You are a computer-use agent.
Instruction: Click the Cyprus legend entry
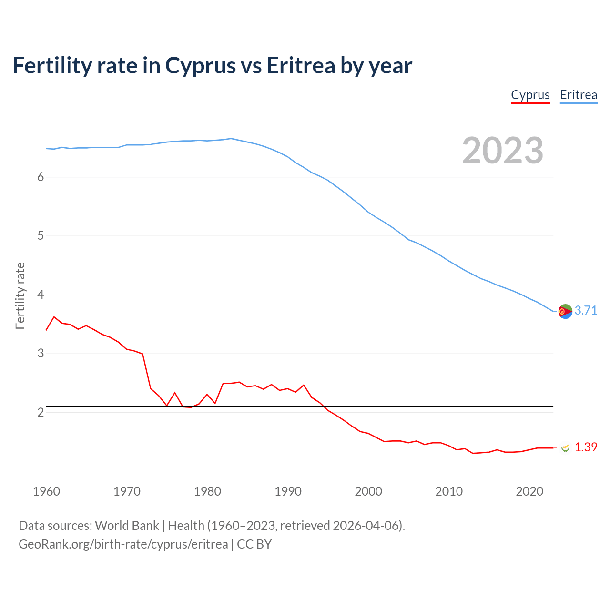pyautogui.click(x=530, y=95)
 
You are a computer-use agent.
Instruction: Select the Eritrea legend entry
pyautogui.click(x=578, y=95)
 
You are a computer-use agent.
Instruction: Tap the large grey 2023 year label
pyautogui.click(x=502, y=151)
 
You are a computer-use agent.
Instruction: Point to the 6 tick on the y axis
pyautogui.click(x=41, y=177)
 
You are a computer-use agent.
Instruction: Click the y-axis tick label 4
pyautogui.click(x=41, y=295)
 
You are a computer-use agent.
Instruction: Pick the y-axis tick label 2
pyautogui.click(x=41, y=413)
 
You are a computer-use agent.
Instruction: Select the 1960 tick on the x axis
pyautogui.click(x=46, y=491)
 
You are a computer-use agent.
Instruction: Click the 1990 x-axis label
pyautogui.click(x=288, y=491)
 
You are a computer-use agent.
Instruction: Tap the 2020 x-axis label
pyautogui.click(x=529, y=491)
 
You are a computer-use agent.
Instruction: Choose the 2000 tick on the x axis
pyautogui.click(x=368, y=491)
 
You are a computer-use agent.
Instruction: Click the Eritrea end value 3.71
pyautogui.click(x=586, y=311)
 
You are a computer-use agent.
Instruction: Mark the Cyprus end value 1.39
pyautogui.click(x=586, y=447)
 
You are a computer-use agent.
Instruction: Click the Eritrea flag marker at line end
pyautogui.click(x=565, y=311)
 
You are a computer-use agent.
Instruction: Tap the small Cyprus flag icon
pyautogui.click(x=565, y=448)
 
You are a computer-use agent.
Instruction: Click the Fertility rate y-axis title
pyautogui.click(x=20, y=295)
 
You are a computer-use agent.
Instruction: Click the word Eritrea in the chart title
pyautogui.click(x=301, y=65)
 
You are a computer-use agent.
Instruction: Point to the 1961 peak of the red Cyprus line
pyautogui.click(x=54, y=317)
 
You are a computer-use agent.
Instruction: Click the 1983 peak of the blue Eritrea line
pyautogui.click(x=231, y=139)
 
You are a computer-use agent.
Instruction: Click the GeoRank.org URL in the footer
pyautogui.click(x=123, y=544)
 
